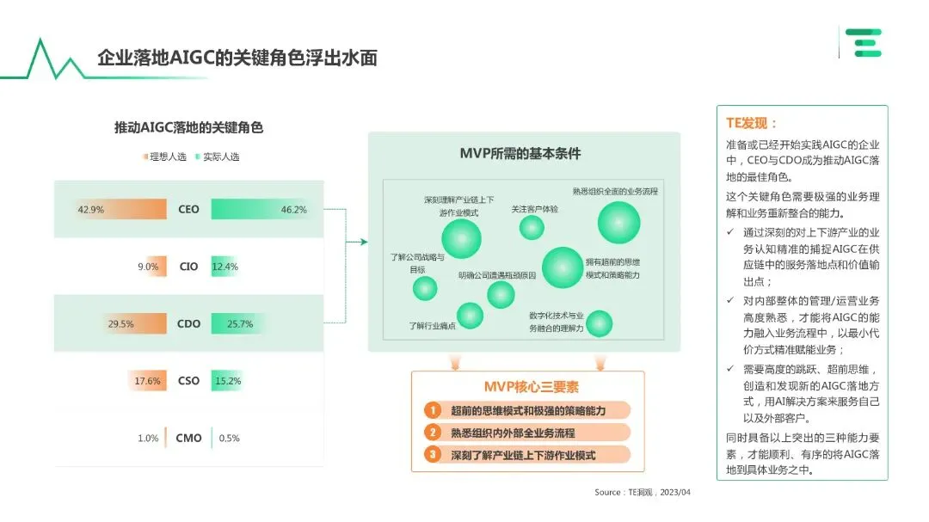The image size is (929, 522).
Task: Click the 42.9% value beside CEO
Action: pos(90,209)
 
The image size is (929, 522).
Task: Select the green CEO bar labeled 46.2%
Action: pos(258,209)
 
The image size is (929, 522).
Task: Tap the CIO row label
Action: pos(188,267)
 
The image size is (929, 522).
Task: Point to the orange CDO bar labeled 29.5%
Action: pos(137,324)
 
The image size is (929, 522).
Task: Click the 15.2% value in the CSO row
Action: pos(228,381)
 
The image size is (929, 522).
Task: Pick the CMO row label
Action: pos(188,438)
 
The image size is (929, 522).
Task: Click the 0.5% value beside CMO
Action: pos(229,438)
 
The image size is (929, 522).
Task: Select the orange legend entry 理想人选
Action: pos(163,157)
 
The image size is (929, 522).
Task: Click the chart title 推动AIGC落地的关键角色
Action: pos(188,127)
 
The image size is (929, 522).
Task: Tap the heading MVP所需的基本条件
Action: pos(520,153)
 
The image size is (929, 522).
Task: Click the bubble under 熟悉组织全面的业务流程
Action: pos(619,223)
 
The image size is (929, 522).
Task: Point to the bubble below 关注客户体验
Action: pos(532,227)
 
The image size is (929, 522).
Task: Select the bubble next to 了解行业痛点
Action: pos(470,316)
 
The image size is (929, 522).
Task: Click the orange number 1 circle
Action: pos(434,410)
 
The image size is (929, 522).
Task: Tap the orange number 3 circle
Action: pos(434,454)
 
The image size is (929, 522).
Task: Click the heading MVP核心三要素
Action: pos(527,387)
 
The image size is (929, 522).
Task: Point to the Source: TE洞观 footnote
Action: pos(643,493)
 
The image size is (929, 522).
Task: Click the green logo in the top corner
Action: pos(863,43)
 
